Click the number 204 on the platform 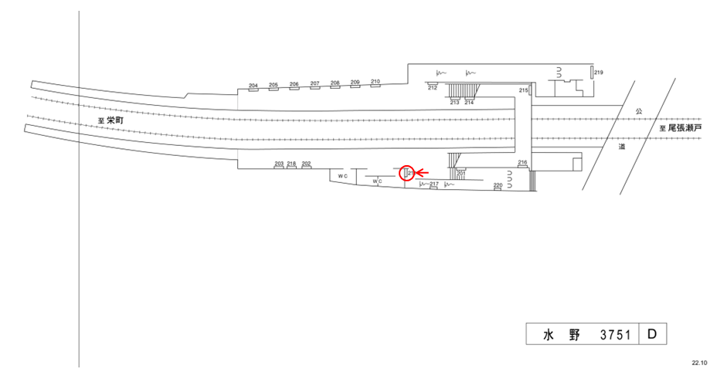point(253,85)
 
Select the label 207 point(314,83)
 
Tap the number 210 point(375,82)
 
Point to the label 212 point(433,88)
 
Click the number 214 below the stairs point(469,102)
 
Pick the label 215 point(523,91)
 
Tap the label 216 point(522,162)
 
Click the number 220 point(498,186)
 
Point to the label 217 point(434,184)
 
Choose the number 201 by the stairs point(461,173)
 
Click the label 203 point(279,164)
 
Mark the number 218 point(291,164)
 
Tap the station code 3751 point(616,334)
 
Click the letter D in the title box point(652,333)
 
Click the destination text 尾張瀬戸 point(685,127)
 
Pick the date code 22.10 point(698,362)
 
